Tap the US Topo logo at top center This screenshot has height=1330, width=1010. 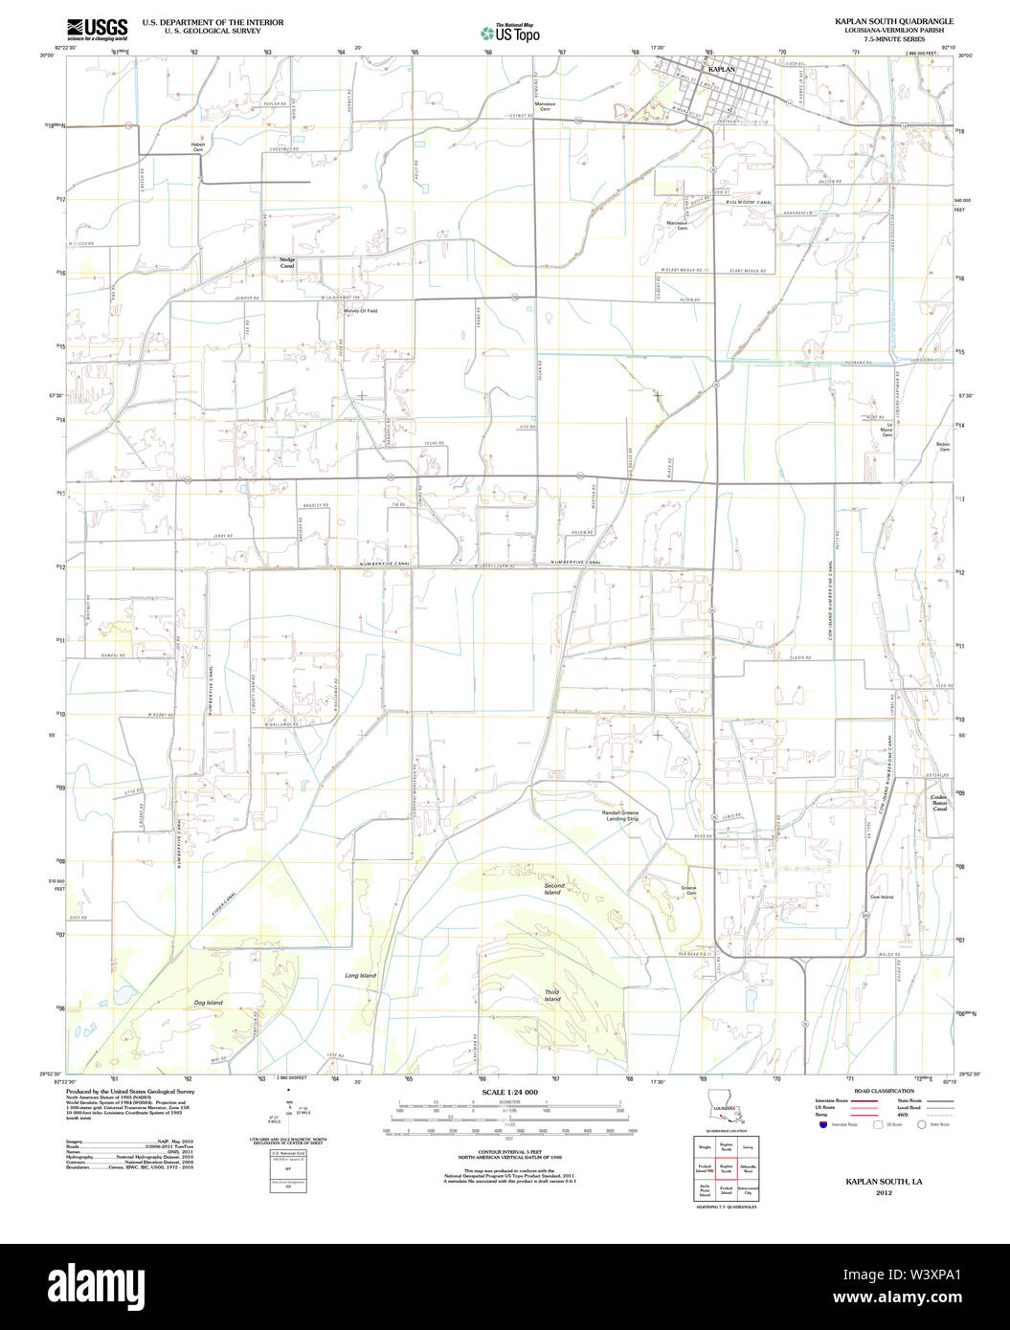509,32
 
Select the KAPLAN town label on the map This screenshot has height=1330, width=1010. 721,70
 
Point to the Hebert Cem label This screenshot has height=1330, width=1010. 198,147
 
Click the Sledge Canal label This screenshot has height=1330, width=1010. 287,262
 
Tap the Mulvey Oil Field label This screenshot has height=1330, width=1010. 361,310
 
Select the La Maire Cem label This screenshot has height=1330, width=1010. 888,430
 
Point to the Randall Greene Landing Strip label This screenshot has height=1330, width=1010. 620,815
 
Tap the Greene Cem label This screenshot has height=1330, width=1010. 688,891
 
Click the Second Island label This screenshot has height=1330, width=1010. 553,889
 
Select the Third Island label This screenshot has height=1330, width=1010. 552,996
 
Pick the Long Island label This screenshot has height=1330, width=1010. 361,975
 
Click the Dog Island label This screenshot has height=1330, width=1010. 208,1003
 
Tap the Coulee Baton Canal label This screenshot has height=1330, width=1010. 939,803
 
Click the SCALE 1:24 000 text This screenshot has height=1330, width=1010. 509,1092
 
